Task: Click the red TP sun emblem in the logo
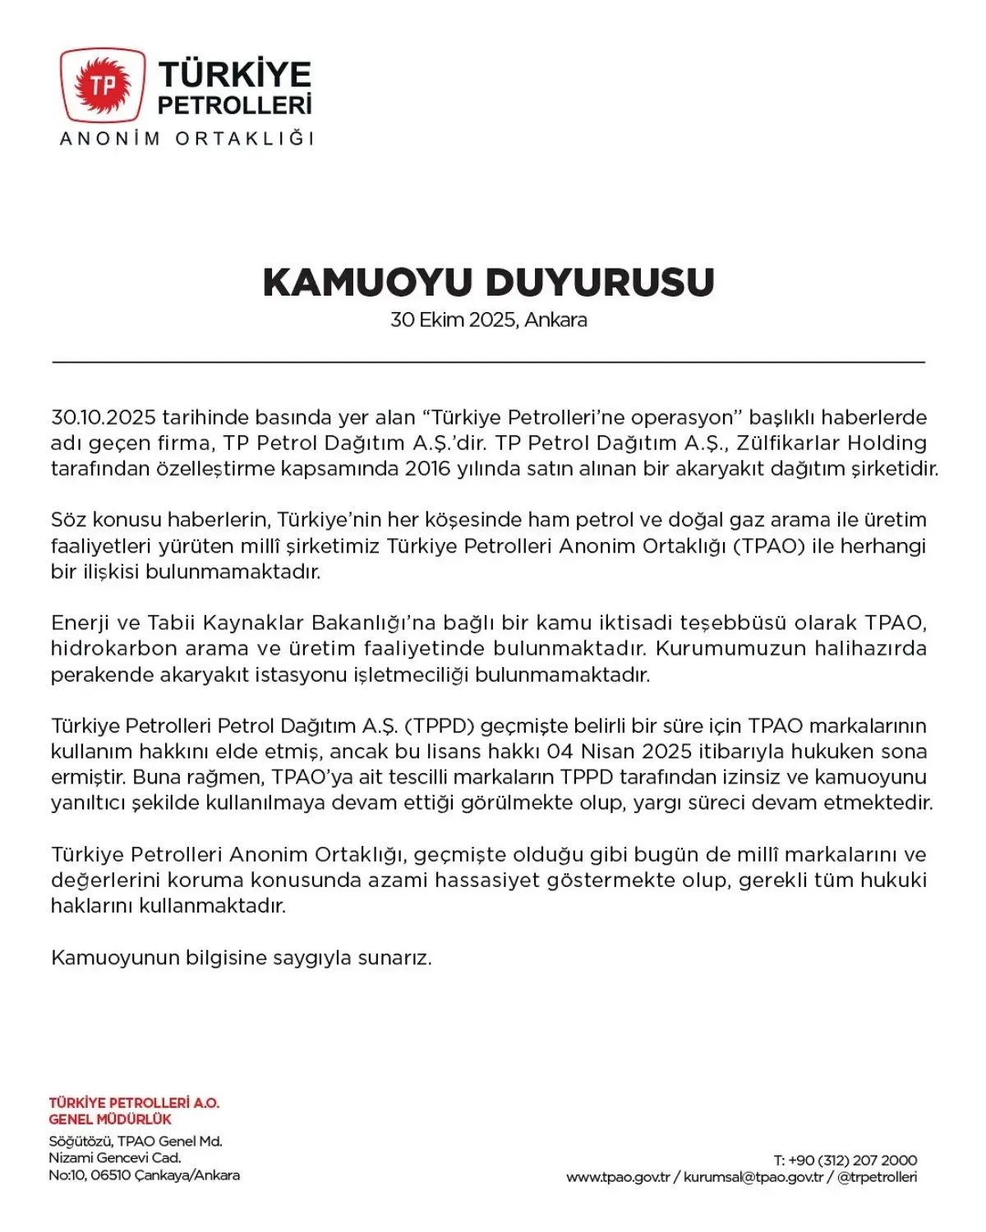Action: coord(103,85)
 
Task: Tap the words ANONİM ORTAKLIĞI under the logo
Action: coord(187,139)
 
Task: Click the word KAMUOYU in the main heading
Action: coord(367,283)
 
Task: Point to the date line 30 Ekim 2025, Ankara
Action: coord(488,320)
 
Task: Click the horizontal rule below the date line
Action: coord(488,361)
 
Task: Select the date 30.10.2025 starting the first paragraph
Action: coord(103,417)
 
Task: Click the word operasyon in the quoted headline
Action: coord(686,417)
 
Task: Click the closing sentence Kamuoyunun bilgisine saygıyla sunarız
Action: coord(241,958)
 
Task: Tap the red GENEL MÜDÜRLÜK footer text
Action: coord(110,1119)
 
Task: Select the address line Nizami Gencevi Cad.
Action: coord(114,1158)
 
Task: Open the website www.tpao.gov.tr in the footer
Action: coord(618,1178)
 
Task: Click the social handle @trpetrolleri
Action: coord(877,1178)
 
